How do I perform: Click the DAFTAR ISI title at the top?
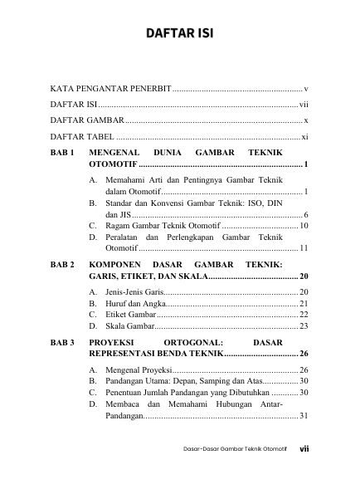tap(179, 34)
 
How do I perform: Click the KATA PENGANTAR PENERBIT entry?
tap(110, 87)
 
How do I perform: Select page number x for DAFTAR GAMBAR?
tap(306, 120)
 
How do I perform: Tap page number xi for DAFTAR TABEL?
tap(305, 137)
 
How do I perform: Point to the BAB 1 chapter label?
tap(63, 154)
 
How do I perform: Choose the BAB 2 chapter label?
tap(63, 263)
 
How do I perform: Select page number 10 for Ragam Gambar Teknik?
tap(304, 226)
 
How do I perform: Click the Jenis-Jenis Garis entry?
tap(133, 293)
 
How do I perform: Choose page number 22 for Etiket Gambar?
tap(304, 316)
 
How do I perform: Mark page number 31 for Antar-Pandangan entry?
tap(304, 415)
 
